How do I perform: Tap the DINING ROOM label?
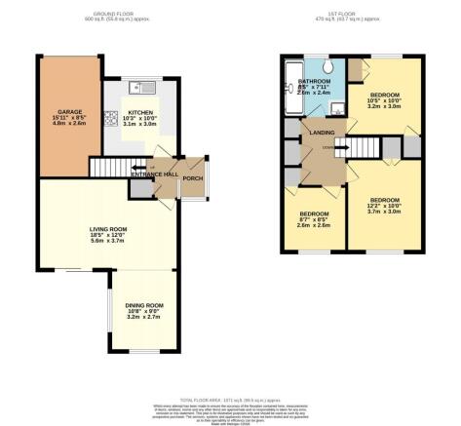coord(143,306)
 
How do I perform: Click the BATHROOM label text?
coord(315,82)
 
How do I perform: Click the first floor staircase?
coord(361,146)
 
